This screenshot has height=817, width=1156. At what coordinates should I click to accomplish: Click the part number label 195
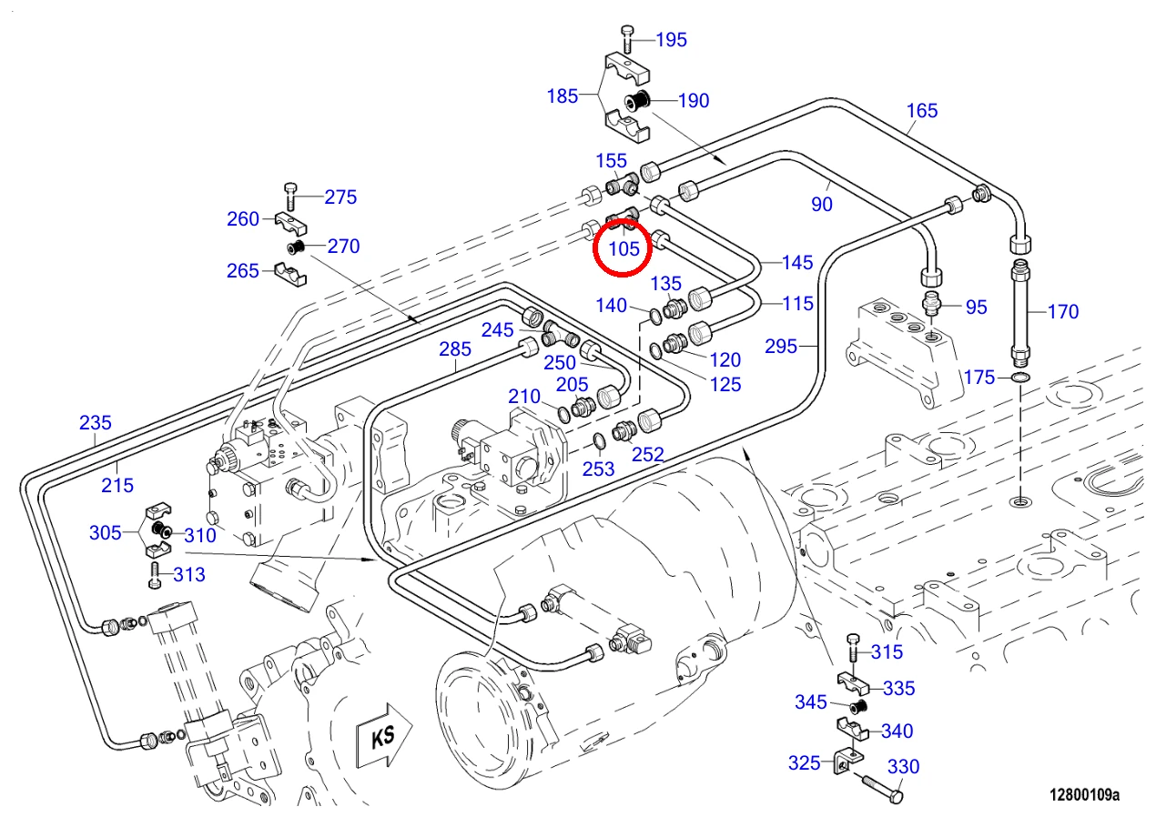point(671,40)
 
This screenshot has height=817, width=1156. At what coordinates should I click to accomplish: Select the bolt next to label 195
point(627,39)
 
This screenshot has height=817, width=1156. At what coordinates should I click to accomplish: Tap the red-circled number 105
point(624,249)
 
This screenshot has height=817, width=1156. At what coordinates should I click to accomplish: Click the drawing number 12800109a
point(1084,794)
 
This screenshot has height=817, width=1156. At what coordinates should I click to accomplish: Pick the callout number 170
point(1063,311)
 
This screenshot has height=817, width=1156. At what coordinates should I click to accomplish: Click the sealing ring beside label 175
point(1020,378)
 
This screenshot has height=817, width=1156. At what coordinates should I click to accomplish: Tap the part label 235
point(95,423)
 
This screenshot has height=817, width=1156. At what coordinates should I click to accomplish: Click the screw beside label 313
point(155,575)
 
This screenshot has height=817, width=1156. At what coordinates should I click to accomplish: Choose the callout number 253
point(598,469)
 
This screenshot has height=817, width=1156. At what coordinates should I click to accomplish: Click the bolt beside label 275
point(290,197)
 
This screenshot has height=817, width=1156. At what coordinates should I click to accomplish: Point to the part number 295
point(781,346)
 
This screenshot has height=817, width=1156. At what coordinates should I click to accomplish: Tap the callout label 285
point(454,349)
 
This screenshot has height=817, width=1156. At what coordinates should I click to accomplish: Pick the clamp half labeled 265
point(290,274)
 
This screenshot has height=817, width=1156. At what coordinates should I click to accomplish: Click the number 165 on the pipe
point(922,110)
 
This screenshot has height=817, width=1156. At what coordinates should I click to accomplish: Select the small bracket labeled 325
point(848,762)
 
